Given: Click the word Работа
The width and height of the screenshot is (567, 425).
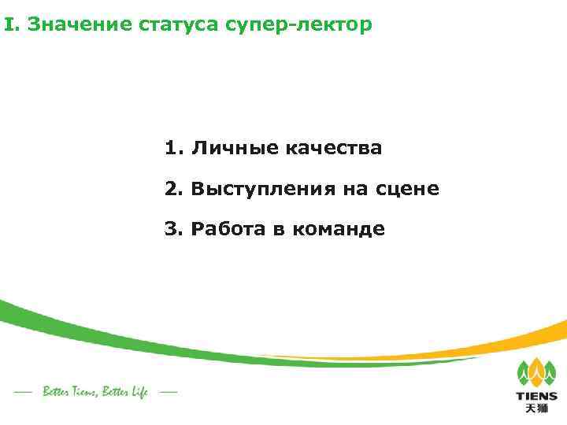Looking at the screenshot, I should click(x=228, y=230).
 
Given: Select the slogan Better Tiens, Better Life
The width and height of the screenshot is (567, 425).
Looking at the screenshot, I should click(x=95, y=391).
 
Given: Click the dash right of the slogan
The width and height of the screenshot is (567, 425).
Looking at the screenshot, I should click(x=167, y=391).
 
